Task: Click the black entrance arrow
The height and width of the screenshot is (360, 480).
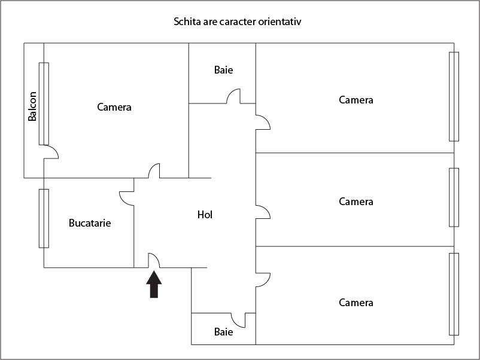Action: click(x=154, y=284)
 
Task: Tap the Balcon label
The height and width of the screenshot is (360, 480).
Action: click(x=32, y=106)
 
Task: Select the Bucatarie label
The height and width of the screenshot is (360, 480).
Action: click(x=90, y=223)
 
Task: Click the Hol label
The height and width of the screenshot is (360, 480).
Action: click(x=205, y=215)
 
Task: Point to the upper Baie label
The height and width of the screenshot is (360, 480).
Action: click(x=223, y=70)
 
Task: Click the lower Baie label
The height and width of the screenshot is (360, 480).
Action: click(x=223, y=332)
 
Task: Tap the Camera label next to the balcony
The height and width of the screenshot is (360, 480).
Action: click(x=114, y=107)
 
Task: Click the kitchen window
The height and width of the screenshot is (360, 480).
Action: click(x=44, y=218)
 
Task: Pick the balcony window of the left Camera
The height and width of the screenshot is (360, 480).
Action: click(x=44, y=103)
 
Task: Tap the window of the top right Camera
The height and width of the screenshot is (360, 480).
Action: click(x=454, y=97)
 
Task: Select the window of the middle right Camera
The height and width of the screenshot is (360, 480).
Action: click(x=454, y=197)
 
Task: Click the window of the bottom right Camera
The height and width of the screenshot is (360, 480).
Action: click(x=454, y=294)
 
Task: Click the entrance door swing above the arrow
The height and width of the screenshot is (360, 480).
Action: click(x=154, y=260)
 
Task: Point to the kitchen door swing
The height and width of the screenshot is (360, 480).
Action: click(x=126, y=199)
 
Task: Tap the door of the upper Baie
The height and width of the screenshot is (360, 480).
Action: click(x=233, y=96)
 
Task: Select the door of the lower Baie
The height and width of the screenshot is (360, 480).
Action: click(x=238, y=321)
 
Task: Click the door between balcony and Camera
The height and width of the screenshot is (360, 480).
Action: click(x=51, y=152)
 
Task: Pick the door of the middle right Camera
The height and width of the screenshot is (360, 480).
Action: click(x=263, y=212)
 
